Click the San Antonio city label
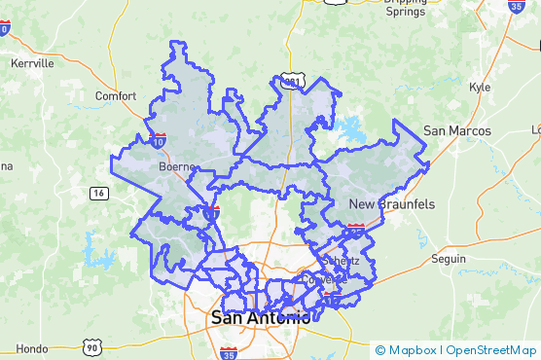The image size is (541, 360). coord(261,318)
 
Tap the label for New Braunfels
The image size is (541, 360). coord(392,203)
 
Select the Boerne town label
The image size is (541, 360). coord(178,166)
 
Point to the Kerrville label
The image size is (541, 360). coord(32,63)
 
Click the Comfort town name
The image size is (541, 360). coord(116,95)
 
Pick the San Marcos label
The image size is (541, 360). coord(456,130)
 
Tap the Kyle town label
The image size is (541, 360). coord(480,87)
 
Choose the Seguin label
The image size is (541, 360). coord(449,260)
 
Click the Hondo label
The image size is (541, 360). coord(31,348)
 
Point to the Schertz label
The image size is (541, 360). coord(341,261)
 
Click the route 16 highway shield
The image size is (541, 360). coord(98,194)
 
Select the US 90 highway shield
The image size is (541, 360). coord(91,346)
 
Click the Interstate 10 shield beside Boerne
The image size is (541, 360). coord(160,142)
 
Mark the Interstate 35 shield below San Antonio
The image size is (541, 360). coord(229,352)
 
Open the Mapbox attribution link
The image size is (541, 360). coord(414,350)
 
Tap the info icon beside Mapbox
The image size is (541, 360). coord(379,350)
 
